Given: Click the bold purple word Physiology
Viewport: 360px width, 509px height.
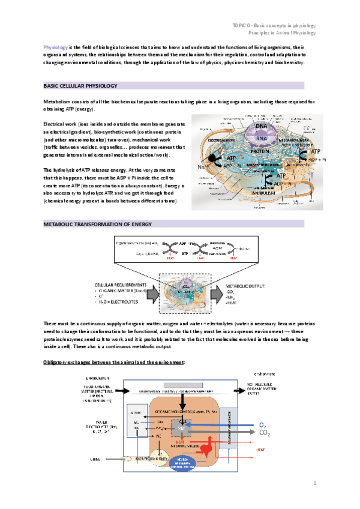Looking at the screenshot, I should click(54, 47).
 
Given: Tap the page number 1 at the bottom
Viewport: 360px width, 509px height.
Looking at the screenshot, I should click(314, 483).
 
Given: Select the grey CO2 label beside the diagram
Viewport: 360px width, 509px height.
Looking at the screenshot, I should click(265, 433).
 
